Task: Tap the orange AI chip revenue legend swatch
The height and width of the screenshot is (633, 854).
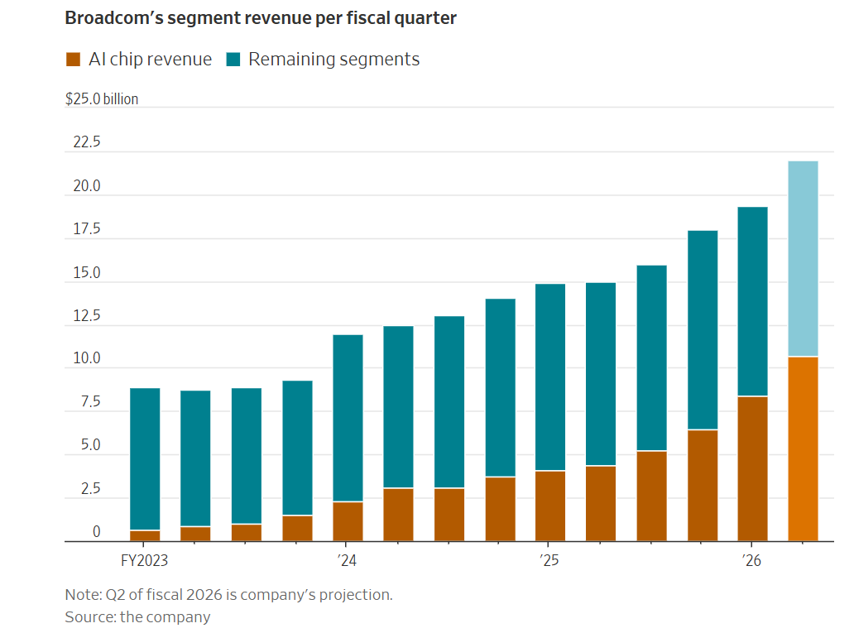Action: tap(73, 60)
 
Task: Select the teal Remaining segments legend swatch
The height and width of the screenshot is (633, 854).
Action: tap(233, 60)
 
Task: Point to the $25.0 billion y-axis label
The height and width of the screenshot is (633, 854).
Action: tap(102, 99)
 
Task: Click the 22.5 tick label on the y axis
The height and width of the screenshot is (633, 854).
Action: tap(86, 142)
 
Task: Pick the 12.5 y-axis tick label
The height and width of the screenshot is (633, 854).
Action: tap(86, 316)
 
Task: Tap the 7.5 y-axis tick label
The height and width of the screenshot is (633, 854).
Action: tap(89, 402)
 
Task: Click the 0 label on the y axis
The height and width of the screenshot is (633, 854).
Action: tap(96, 532)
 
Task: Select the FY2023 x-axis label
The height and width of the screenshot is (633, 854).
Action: tap(145, 561)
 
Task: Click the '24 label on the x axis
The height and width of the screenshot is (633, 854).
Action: tap(348, 561)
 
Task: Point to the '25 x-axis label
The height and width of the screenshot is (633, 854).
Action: tap(549, 561)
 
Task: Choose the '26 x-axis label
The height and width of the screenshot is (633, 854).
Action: tap(751, 561)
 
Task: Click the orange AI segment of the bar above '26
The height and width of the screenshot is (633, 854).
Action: tap(752, 468)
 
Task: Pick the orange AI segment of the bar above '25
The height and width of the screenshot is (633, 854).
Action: tap(550, 506)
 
